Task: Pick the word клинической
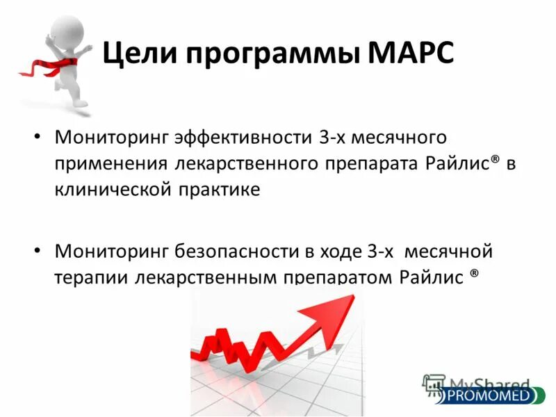(x=110, y=189)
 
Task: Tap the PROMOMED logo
(x=486, y=396)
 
